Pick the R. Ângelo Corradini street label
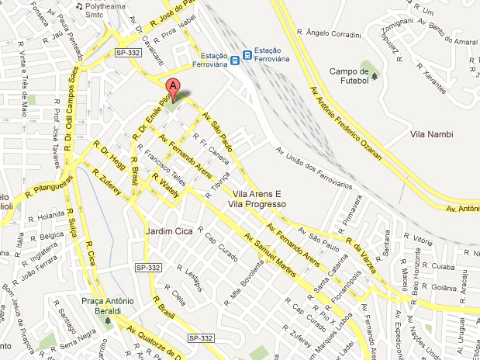point(334,34)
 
